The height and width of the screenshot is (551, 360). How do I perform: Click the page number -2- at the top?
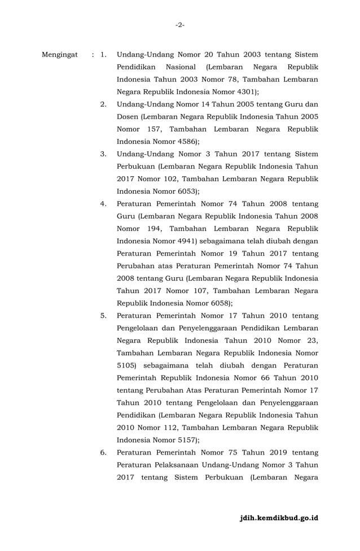[179, 25]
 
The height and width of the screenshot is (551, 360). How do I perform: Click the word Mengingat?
[60, 55]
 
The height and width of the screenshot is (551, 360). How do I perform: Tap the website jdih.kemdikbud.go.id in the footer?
[279, 518]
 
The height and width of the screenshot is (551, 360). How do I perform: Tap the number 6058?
[209, 303]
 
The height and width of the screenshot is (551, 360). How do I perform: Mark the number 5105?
[126, 365]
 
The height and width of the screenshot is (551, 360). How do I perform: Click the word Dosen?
[128, 116]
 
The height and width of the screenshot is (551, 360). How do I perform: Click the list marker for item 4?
[104, 203]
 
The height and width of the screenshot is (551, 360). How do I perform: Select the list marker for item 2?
[104, 104]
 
